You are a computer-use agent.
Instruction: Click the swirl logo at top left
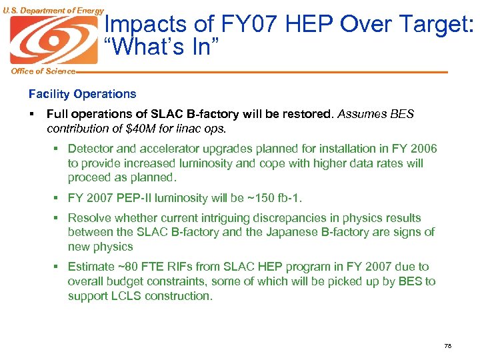(x=53, y=39)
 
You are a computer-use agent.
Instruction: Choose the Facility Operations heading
(x=82, y=94)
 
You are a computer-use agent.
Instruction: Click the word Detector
(x=91, y=149)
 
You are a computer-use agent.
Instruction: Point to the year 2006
(x=424, y=149)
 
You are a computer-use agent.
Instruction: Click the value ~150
(x=250, y=198)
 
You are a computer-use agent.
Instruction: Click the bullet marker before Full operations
(x=32, y=114)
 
